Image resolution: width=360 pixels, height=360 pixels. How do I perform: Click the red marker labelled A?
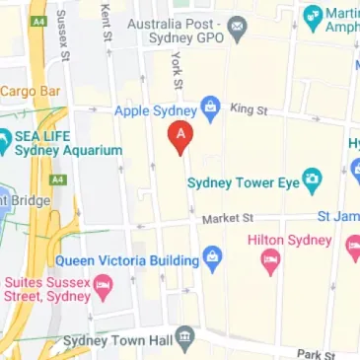180,138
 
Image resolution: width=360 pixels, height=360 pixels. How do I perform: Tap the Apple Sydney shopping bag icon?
209,106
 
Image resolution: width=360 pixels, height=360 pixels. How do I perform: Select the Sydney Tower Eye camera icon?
314,180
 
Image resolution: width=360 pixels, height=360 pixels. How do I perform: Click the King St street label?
248,108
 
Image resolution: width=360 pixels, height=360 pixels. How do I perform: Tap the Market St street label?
228,217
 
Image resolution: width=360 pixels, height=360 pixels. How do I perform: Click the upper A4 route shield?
37,21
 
